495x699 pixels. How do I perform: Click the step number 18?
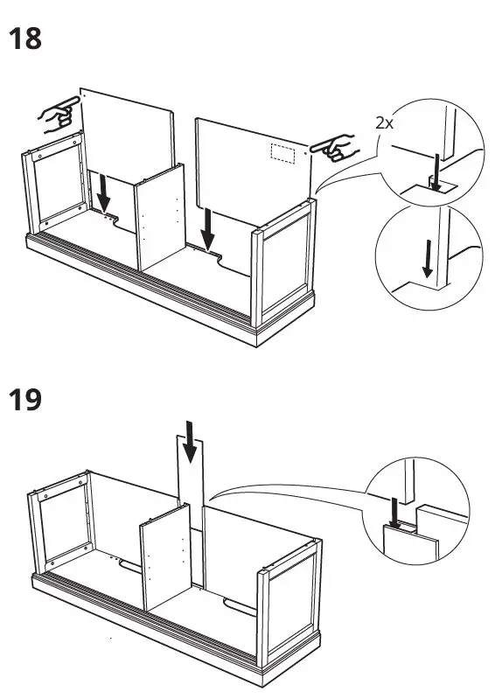(x=24, y=38)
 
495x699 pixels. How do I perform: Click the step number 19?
(x=24, y=402)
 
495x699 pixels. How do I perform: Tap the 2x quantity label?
(x=384, y=123)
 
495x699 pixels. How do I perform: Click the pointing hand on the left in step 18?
(x=57, y=115)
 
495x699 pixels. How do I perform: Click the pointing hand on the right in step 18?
(x=335, y=148)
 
